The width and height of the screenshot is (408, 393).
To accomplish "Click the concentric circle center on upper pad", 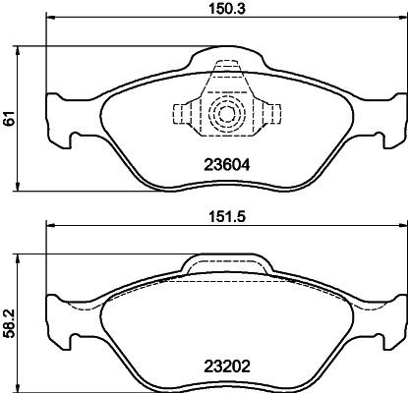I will pos(225,114).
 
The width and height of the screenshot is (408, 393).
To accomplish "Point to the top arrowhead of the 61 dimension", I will pos(22,50).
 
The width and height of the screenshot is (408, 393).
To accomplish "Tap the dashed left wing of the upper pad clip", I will pos(185,114).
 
